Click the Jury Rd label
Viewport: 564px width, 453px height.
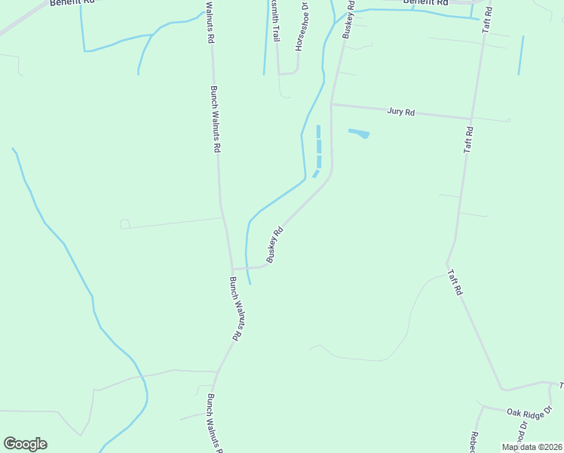(x=401, y=112)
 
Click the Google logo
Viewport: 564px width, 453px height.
(x=25, y=444)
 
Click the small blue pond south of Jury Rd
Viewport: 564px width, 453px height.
(x=359, y=134)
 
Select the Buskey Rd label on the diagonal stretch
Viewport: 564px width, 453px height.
(x=274, y=245)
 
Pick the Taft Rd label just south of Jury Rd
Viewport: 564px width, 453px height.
(x=468, y=140)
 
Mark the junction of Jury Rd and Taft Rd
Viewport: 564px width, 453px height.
(x=472, y=119)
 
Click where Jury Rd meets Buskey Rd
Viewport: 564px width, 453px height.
(x=332, y=105)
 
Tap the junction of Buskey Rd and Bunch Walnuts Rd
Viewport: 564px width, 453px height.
(x=232, y=268)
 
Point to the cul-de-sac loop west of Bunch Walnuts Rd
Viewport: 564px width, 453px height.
(x=125, y=224)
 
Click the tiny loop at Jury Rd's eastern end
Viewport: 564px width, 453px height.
(x=509, y=120)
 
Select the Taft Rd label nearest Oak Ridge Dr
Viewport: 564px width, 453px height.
(x=454, y=282)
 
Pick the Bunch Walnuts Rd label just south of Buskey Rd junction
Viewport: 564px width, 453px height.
(x=235, y=310)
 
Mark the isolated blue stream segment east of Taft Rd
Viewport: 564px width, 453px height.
(x=521, y=55)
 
